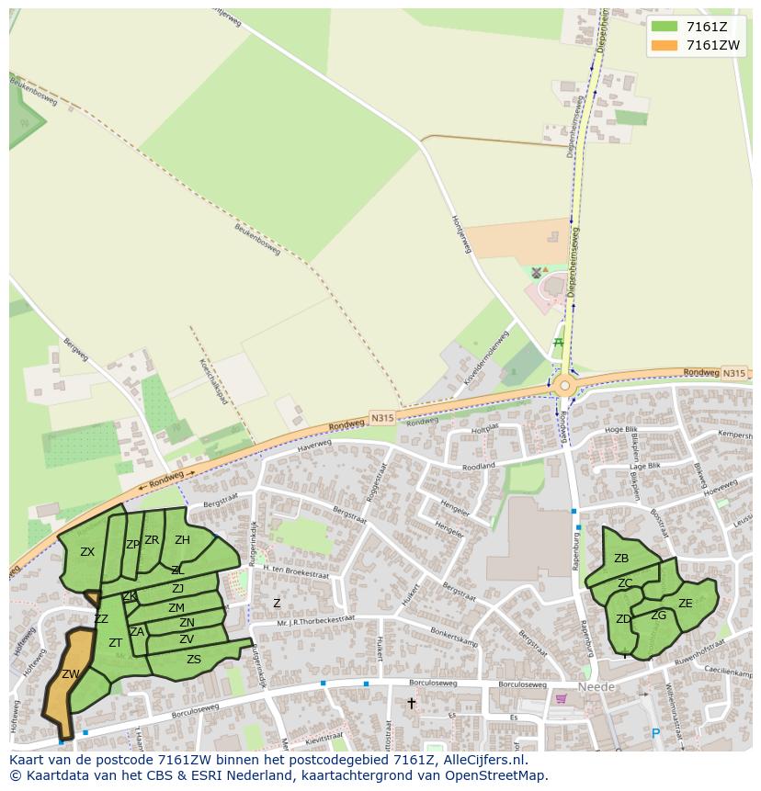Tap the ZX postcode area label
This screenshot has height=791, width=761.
(x=87, y=552)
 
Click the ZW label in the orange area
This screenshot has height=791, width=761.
(x=71, y=673)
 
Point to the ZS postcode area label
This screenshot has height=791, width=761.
(x=194, y=659)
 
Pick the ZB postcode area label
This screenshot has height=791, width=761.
(x=621, y=559)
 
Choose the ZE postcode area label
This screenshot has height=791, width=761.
(x=685, y=604)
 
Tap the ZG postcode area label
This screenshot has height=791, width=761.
(x=658, y=616)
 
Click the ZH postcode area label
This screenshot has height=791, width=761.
(x=182, y=540)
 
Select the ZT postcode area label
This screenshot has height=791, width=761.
(x=116, y=642)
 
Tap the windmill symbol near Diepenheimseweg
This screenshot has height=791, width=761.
(x=537, y=272)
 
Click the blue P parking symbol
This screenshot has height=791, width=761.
(x=655, y=733)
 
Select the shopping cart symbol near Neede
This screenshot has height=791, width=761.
(x=562, y=698)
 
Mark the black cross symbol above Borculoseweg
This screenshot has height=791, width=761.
(x=412, y=703)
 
